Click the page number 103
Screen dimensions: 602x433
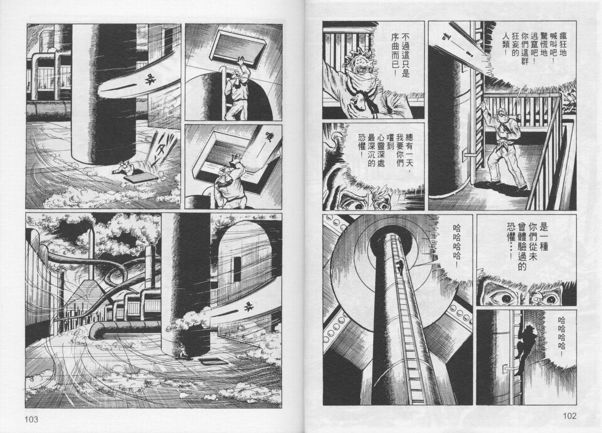[x=31, y=419]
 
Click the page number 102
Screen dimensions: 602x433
[x=569, y=416]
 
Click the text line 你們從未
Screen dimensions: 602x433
[x=531, y=243]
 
